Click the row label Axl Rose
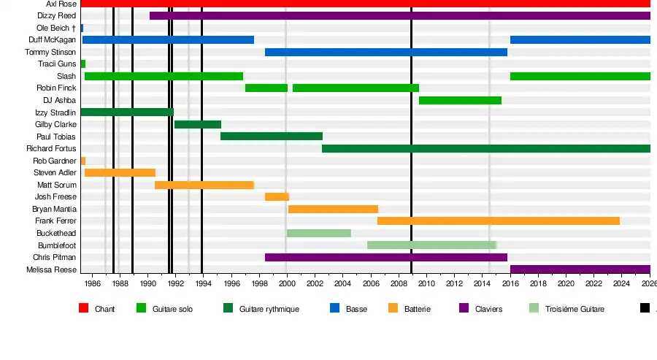click(61, 4)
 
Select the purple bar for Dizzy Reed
click(399, 15)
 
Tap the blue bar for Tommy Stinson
click(385, 52)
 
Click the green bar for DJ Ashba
click(460, 100)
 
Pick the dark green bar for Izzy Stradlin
click(127, 112)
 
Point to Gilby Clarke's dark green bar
click(197, 124)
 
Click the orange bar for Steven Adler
click(120, 172)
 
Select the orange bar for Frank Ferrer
click(498, 221)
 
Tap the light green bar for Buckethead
click(318, 233)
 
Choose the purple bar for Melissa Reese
click(580, 269)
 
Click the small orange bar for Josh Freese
click(277, 196)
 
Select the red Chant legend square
click(84, 309)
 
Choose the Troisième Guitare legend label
click(575, 310)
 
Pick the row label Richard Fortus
click(51, 148)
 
